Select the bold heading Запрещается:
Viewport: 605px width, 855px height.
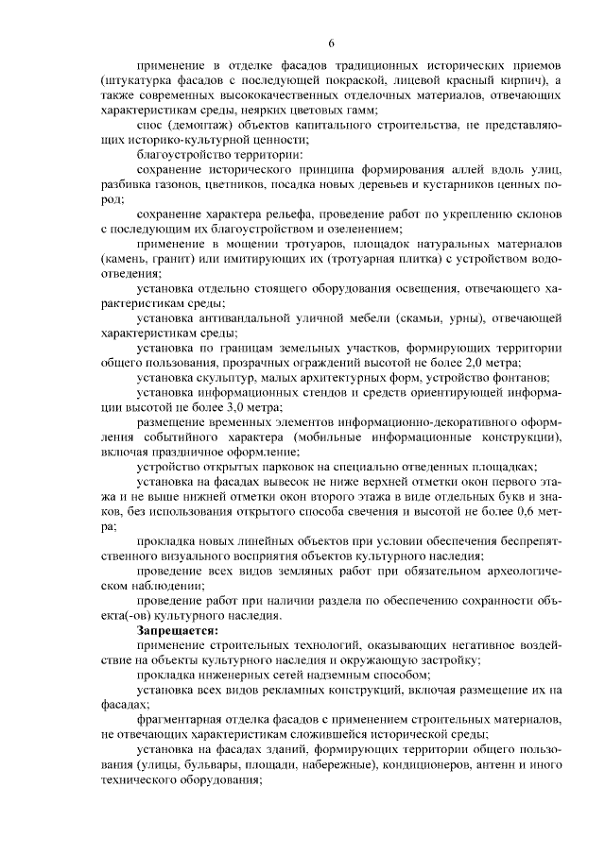(x=177, y=629)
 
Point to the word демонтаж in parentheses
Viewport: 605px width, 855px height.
(x=200, y=125)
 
